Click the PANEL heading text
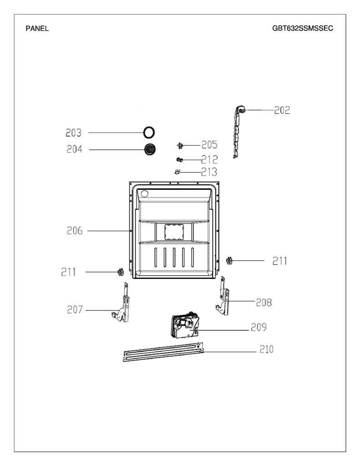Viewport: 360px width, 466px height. (37, 28)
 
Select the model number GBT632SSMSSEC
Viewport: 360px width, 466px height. (303, 28)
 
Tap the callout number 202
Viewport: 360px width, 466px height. (282, 110)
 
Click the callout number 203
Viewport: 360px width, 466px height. (73, 133)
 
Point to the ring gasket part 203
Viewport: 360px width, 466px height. (149, 132)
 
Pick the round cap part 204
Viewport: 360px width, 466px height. (149, 149)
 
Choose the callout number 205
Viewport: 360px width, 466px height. (209, 145)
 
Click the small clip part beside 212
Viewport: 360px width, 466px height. (179, 159)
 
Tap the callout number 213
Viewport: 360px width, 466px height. (209, 172)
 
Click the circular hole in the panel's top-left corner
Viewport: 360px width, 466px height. (144, 194)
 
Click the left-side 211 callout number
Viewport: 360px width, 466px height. (69, 272)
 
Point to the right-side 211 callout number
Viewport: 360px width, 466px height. (280, 261)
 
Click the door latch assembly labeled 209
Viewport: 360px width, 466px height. (185, 327)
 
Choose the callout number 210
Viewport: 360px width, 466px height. (266, 349)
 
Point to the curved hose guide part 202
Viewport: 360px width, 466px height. (237, 132)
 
